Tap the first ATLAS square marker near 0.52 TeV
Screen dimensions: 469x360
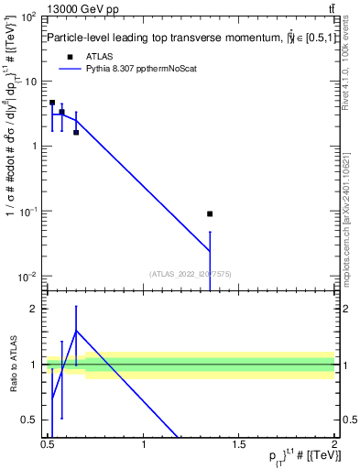coord(52,103)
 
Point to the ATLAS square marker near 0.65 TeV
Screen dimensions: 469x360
coord(76,132)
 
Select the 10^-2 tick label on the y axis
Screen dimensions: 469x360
coord(28,277)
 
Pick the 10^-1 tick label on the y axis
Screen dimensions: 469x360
coord(28,212)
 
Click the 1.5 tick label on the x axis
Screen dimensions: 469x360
coord(238,444)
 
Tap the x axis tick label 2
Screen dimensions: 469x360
coord(333,444)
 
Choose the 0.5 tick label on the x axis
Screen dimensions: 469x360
coord(48,444)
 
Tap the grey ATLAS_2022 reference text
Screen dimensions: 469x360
coord(190,273)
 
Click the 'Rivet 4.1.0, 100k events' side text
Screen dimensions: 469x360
coord(346,69)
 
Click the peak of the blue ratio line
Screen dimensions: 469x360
coord(76,330)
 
